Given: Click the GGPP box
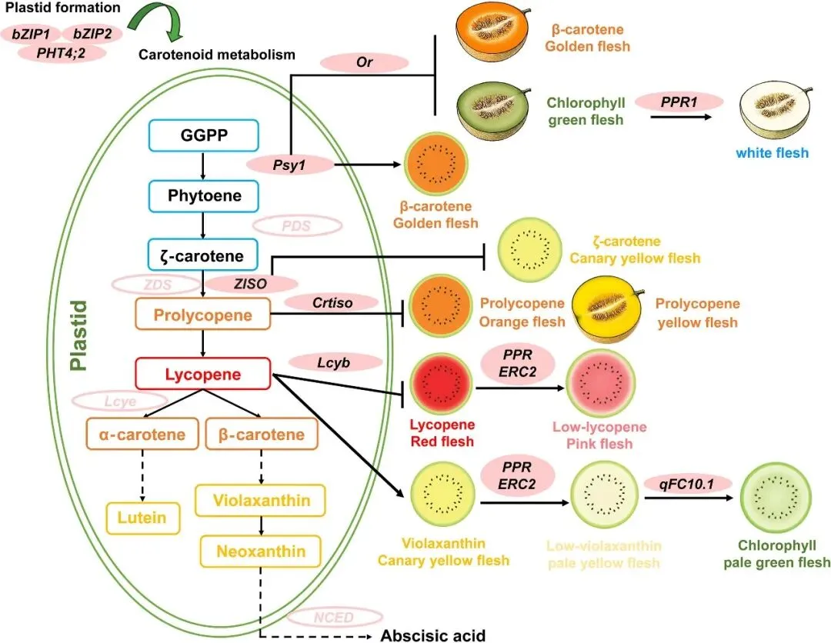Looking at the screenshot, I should (204, 138).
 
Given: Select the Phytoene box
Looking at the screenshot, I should (204, 196).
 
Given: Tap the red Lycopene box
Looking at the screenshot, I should (202, 375).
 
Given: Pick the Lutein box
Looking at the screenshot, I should (142, 517).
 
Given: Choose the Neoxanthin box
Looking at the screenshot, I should (260, 551).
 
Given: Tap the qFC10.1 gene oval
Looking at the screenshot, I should (686, 483).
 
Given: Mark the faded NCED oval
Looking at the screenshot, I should (334, 617).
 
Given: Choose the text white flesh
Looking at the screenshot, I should (772, 152).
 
